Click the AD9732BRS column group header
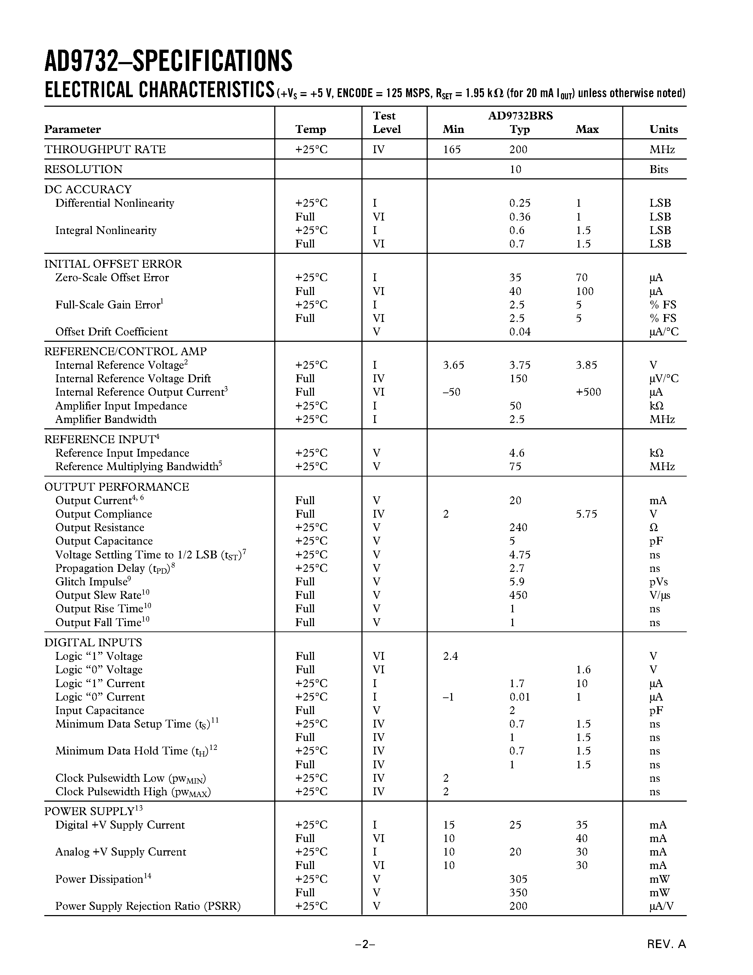pyautogui.click(x=520, y=116)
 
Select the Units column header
pyautogui.click(x=663, y=129)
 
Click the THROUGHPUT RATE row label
pyautogui.click(x=105, y=150)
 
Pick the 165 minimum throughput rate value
pyautogui.click(x=451, y=150)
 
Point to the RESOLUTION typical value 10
pyautogui.click(x=515, y=169)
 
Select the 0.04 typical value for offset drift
pyautogui.click(x=520, y=332)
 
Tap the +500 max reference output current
pyautogui.click(x=588, y=392)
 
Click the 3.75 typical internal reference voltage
pyautogui.click(x=520, y=365)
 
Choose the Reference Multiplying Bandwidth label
pyautogui.click(x=138, y=467)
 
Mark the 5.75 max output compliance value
pyautogui.click(x=586, y=514)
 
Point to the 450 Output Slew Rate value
pyautogui.click(x=518, y=595)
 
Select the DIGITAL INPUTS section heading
pyautogui.click(x=93, y=642)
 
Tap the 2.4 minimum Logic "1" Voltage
pyautogui.click(x=450, y=656)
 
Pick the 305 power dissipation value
pyautogui.click(x=518, y=879)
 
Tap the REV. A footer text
pyautogui.click(x=667, y=944)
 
